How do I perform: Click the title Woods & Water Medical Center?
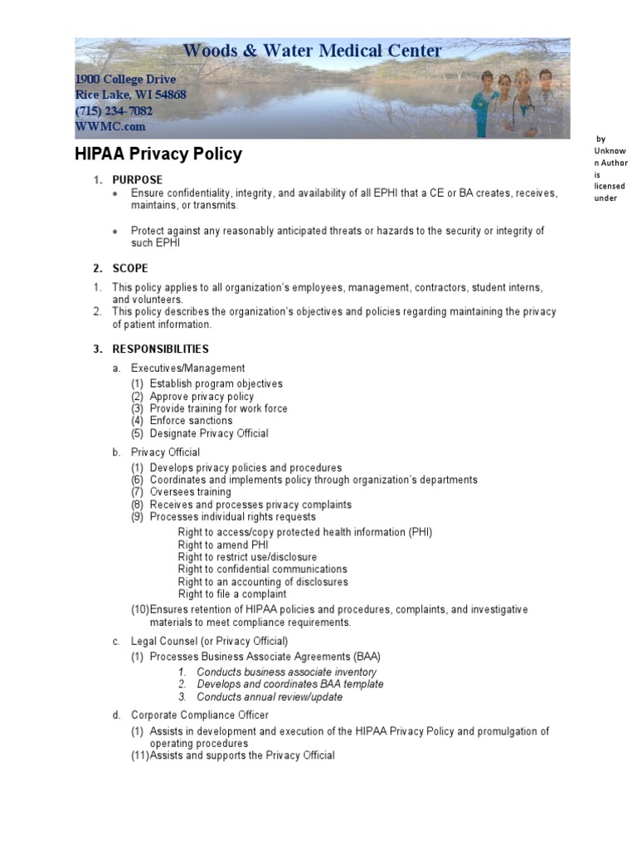point(312,51)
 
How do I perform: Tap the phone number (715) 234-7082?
point(114,111)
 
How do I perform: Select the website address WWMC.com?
point(110,127)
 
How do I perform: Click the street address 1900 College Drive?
point(125,79)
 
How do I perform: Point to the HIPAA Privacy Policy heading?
point(158,154)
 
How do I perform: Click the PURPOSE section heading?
point(138,180)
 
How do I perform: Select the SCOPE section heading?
point(130,268)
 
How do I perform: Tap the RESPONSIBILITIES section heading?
point(161,349)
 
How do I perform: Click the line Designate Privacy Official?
point(208,433)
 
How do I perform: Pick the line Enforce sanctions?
point(191,421)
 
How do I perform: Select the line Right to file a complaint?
point(232,594)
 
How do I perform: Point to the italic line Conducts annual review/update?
point(270,697)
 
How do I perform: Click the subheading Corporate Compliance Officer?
point(199,715)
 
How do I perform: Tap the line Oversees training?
point(190,492)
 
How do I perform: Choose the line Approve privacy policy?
point(202,397)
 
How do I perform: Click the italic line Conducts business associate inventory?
point(286,672)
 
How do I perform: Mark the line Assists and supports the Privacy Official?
point(242,756)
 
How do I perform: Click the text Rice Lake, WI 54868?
point(130,95)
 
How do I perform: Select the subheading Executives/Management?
point(187,369)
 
